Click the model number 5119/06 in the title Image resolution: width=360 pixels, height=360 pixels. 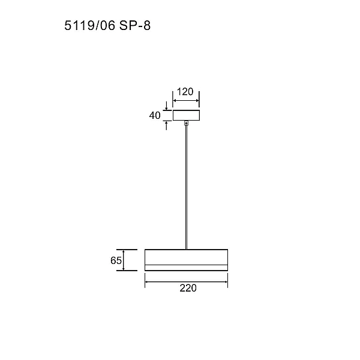(89, 25)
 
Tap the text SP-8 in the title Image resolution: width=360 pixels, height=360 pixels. (135, 25)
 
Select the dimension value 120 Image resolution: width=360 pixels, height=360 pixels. (185, 92)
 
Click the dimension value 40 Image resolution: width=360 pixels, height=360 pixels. (155, 115)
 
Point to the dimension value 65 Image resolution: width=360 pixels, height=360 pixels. (116, 260)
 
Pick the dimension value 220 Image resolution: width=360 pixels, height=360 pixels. (188, 288)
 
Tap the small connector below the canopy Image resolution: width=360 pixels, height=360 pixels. (186, 123)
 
